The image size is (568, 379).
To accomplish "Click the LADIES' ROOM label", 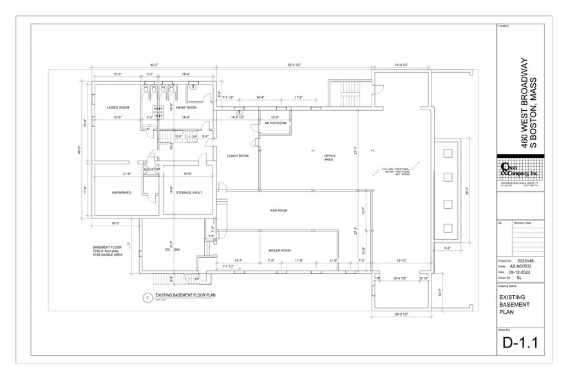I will tap(118, 107).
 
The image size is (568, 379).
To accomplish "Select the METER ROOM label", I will tap(275, 122).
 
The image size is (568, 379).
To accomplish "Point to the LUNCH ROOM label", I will tap(238, 155).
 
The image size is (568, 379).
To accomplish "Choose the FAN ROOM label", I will tap(278, 211).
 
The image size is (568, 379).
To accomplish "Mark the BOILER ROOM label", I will tap(279, 250).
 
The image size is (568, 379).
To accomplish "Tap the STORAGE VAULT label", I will tap(189, 192).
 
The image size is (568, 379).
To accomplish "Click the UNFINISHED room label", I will tap(121, 192).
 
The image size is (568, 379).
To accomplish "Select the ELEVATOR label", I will tap(151, 169).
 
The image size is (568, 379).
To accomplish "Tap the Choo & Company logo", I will tap(521, 170).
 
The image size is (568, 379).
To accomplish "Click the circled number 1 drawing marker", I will tap(147, 298).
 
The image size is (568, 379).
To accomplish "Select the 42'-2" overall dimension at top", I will tap(155, 64).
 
